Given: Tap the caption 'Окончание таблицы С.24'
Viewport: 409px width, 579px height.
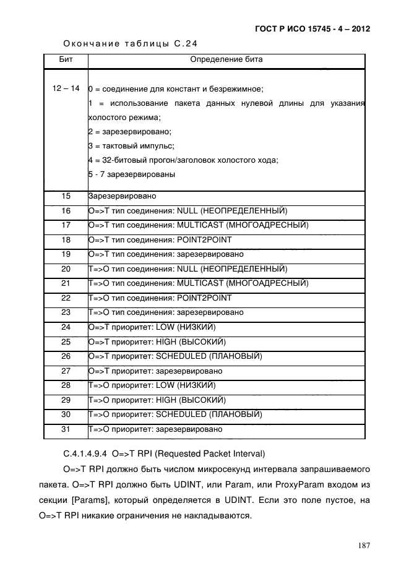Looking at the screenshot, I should pyautogui.click(x=131, y=44).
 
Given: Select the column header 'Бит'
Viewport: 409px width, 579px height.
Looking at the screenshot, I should pyautogui.click(x=65, y=61).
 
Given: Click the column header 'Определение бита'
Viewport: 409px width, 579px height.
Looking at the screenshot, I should pyautogui.click(x=226, y=61).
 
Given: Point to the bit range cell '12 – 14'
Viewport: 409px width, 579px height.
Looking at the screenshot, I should pyautogui.click(x=65, y=88).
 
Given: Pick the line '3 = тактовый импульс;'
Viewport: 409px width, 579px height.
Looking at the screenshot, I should pyautogui.click(x=131, y=146).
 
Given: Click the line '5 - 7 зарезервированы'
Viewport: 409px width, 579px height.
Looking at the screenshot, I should pyautogui.click(x=131, y=174).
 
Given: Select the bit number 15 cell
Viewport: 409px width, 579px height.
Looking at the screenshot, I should pyautogui.click(x=65, y=196).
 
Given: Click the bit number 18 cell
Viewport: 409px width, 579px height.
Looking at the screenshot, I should pyautogui.click(x=65, y=239).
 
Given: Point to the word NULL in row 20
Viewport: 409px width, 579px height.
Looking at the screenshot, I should pyautogui.click(x=186, y=268).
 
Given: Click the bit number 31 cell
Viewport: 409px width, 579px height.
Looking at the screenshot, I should pyautogui.click(x=65, y=429).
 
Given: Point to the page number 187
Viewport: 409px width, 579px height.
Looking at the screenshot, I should pyautogui.click(x=363, y=545).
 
